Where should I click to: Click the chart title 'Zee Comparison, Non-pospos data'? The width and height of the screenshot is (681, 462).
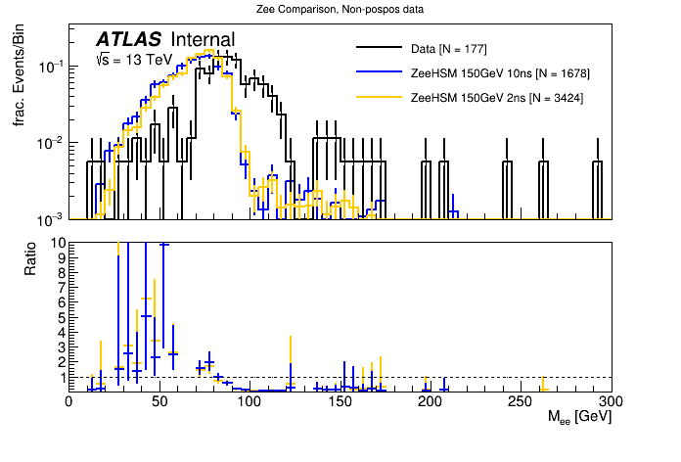340,9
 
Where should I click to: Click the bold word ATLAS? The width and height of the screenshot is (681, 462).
128,39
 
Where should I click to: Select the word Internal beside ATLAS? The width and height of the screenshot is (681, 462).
203,39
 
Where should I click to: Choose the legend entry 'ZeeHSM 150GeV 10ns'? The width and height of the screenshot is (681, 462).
500,73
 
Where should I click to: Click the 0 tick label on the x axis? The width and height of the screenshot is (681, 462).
68,401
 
